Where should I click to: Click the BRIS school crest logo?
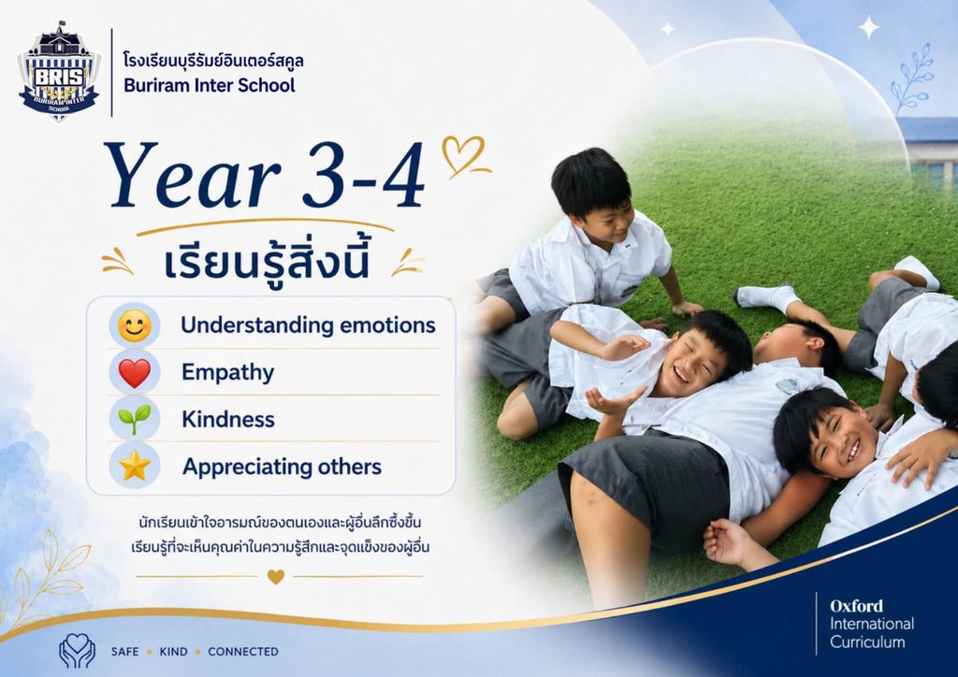[59, 72]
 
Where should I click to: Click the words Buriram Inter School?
[209, 85]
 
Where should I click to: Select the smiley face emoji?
[135, 325]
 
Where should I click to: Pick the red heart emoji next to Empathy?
[135, 373]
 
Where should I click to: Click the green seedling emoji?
[135, 420]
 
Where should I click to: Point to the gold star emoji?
[135, 467]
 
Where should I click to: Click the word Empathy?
[228, 372]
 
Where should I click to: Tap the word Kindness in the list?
[228, 420]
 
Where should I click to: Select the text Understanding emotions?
[308, 325]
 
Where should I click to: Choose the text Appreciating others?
[282, 467]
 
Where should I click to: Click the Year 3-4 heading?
[265, 175]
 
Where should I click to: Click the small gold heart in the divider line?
[276, 576]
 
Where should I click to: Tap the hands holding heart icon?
[77, 651]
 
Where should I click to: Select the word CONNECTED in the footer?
[243, 652]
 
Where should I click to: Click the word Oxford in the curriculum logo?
[856, 606]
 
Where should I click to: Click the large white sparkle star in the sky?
[868, 27]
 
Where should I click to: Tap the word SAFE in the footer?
[124, 652]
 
